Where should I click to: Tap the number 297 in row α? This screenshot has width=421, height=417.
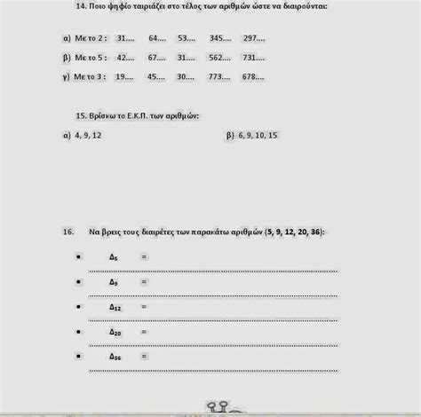[253, 39]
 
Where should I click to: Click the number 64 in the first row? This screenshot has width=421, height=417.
[157, 39]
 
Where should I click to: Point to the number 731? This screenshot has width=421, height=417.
[253, 58]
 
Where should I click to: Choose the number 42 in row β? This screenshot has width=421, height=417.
[125, 58]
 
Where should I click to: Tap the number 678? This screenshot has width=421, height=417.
[253, 76]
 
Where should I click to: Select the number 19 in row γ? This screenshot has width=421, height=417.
[125, 76]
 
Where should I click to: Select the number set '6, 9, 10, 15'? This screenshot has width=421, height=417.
[258, 135]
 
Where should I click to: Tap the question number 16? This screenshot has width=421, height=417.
[68, 232]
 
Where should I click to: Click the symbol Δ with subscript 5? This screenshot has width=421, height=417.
[113, 256]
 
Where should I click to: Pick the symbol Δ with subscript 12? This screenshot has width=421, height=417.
[114, 306]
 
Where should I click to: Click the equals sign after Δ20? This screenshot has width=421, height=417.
[144, 331]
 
